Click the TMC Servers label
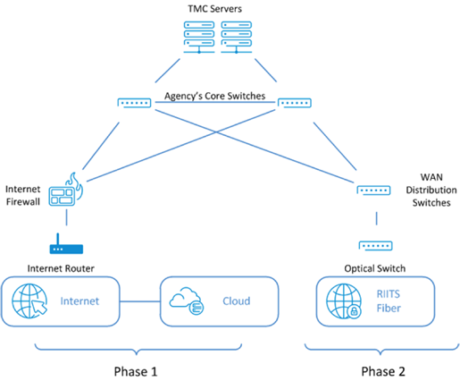[x=214, y=9]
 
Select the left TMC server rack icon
[x=199, y=38]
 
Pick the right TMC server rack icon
[x=236, y=38]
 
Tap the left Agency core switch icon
[x=134, y=103]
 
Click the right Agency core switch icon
[x=295, y=103]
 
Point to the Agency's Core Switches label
[x=214, y=96]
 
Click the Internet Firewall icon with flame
[x=66, y=190]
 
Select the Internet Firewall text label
[x=23, y=195]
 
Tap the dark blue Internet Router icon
[x=66, y=244]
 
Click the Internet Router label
[x=61, y=268]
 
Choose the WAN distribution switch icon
[x=373, y=190]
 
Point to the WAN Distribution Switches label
[x=431, y=190]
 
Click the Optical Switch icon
[x=376, y=246]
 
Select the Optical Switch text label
[x=375, y=268]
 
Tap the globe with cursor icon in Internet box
[x=29, y=301]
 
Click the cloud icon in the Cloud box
[x=187, y=301]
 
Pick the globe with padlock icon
[x=344, y=301]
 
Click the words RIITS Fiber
[x=389, y=301]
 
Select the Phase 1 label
[x=136, y=372]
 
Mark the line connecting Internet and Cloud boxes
[x=140, y=301]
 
